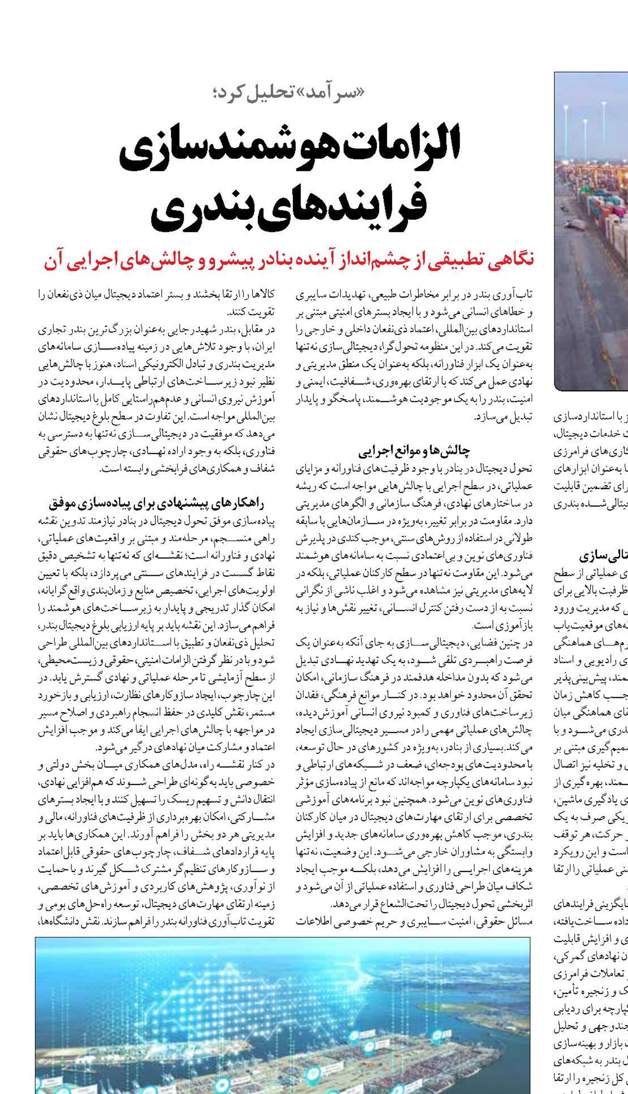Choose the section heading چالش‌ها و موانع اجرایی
click(x=414, y=451)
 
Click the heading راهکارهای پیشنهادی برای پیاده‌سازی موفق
click(x=156, y=503)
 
